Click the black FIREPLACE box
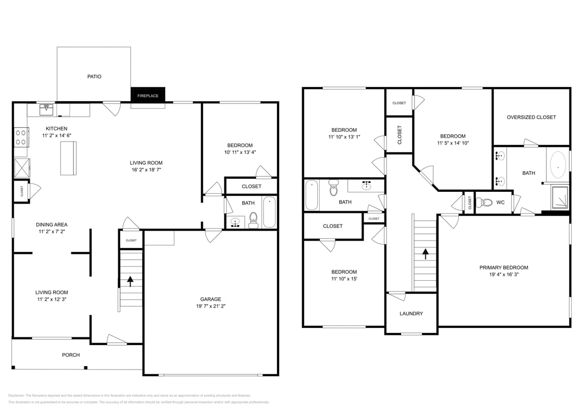coord(148,95)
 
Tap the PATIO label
coord(94,77)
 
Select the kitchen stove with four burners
coord(21,137)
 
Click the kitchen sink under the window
coord(47,108)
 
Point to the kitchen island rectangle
coord(68,158)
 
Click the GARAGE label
coord(211,299)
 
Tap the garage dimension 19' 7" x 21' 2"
coord(211,307)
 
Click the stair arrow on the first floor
coord(130,281)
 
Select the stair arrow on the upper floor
coord(425,254)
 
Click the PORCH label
coord(71,355)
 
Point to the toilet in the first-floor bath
coord(253,220)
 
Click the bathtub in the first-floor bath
coord(269,212)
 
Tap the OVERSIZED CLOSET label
coord(531,117)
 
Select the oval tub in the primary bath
coord(558,165)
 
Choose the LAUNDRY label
coord(411,313)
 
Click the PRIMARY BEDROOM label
coord(503,268)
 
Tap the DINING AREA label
coord(51,225)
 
